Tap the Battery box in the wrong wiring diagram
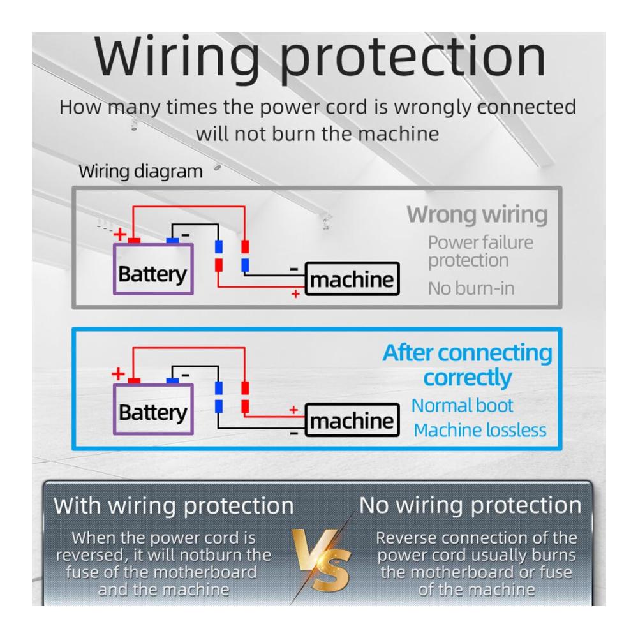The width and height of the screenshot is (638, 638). click(153, 274)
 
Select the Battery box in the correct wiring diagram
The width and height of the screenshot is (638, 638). click(153, 412)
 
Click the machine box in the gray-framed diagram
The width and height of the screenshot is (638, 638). click(352, 279)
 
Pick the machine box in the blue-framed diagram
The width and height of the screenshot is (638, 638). click(352, 420)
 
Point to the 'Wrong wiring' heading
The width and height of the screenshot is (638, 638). click(477, 214)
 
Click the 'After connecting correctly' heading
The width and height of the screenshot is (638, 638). click(467, 365)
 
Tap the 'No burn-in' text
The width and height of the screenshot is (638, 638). click(471, 288)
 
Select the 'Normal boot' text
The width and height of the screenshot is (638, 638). click(462, 405)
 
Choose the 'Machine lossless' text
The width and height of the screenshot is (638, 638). click(480, 430)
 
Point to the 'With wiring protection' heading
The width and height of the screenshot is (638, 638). click(174, 506)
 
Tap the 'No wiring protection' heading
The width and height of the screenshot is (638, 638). click(470, 505)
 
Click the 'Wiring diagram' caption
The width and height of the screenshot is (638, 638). click(140, 172)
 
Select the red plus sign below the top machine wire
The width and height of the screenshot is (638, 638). click(295, 294)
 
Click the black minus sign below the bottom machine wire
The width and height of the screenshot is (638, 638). click(294, 433)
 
